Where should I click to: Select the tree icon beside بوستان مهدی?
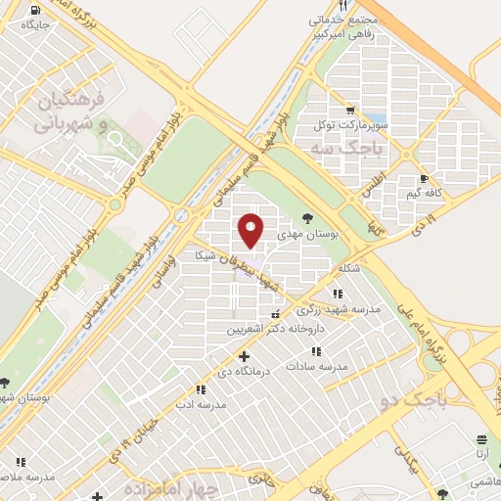[x=307, y=219]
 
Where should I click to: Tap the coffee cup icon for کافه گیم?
[x=424, y=179]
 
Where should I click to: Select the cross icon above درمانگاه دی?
[x=244, y=356]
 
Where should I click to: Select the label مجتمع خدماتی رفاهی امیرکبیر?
[x=342, y=26]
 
